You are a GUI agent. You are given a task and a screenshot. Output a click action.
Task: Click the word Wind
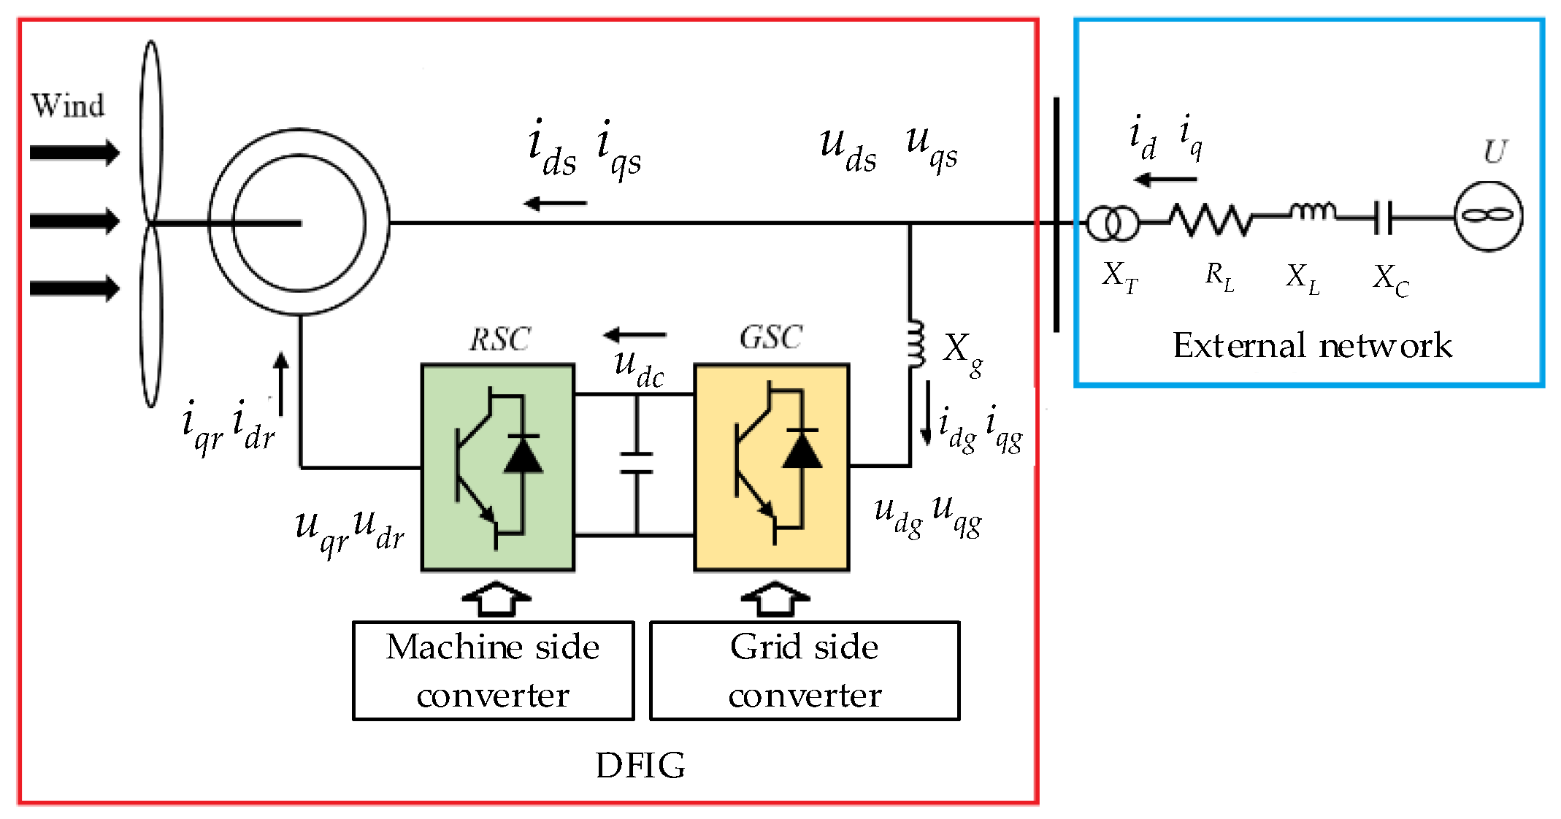(x=67, y=106)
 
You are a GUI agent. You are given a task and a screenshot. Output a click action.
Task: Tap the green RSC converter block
(x=498, y=467)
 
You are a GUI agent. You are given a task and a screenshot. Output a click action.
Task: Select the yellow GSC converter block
(x=771, y=467)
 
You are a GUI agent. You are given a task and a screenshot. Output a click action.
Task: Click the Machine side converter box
(x=493, y=671)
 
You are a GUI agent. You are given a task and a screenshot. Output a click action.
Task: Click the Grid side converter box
(x=804, y=671)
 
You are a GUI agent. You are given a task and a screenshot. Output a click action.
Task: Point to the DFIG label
(x=640, y=766)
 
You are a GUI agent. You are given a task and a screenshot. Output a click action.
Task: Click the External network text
(x=1312, y=345)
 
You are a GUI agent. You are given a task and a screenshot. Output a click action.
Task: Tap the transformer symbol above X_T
(x=1112, y=223)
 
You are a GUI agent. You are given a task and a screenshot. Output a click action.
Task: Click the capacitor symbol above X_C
(x=1382, y=218)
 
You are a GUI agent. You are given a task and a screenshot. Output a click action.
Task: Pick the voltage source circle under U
(x=1488, y=216)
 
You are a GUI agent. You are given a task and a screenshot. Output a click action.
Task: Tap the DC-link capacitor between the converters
(x=636, y=463)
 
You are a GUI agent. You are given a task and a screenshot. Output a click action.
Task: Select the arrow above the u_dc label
(x=634, y=335)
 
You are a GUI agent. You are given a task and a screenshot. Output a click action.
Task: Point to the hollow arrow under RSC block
(x=496, y=599)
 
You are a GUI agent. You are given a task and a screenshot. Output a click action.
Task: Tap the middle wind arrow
(x=74, y=220)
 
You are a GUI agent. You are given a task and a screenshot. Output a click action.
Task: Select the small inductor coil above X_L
(x=1313, y=212)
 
